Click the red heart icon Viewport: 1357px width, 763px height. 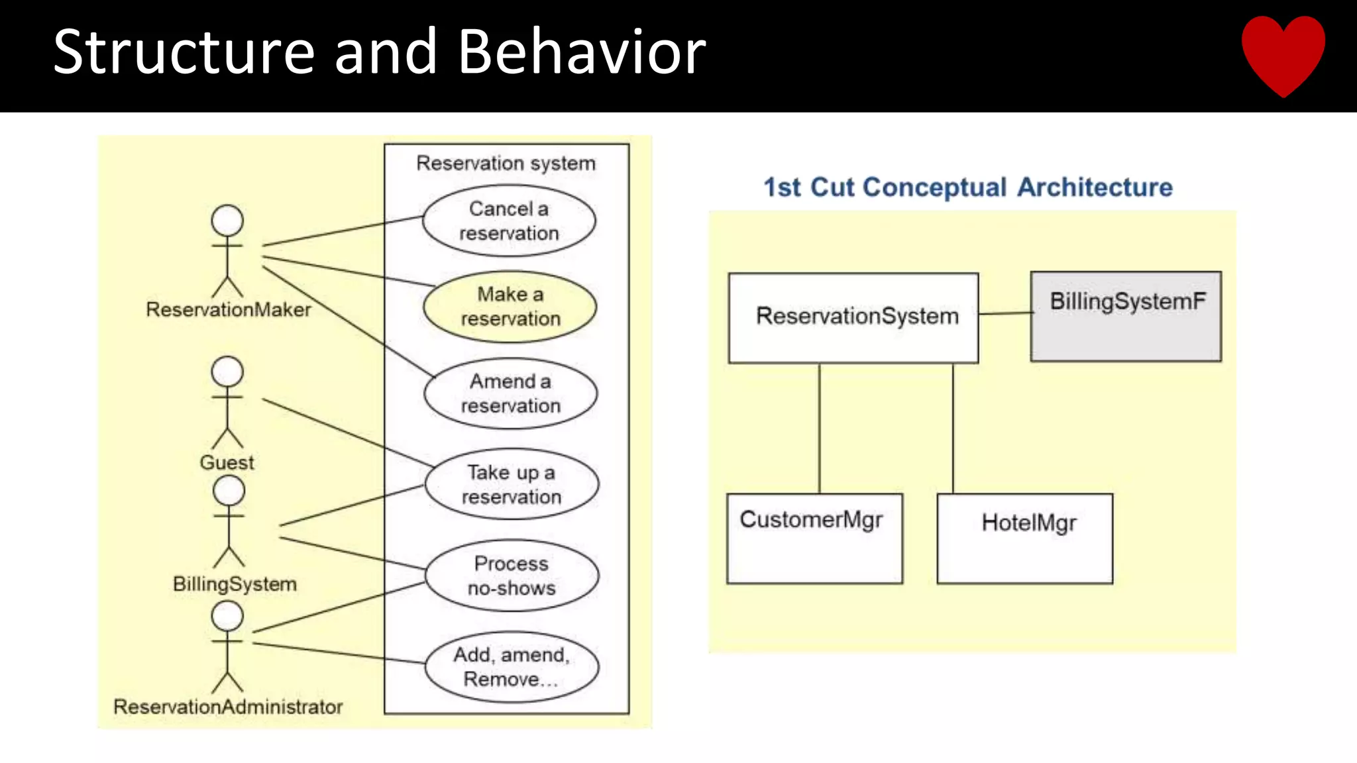[1283, 53]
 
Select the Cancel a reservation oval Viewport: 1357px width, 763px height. [509, 221]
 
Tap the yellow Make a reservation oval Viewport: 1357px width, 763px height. [510, 307]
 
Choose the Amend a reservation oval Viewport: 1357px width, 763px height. [510, 393]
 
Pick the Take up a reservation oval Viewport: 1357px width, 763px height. [512, 484]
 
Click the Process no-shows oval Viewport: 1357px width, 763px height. [512, 575]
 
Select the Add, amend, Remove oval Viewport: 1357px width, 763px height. [512, 666]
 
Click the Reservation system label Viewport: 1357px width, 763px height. [506, 163]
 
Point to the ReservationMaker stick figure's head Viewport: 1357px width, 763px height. [227, 221]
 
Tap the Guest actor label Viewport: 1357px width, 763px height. [227, 462]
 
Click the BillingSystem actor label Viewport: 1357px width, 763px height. [235, 584]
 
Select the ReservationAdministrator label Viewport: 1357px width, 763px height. [228, 707]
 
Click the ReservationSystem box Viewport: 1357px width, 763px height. [853, 317]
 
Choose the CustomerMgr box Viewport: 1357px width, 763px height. [814, 538]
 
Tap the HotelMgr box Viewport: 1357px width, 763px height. [1024, 538]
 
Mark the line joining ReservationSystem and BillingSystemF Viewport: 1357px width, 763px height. [1004, 313]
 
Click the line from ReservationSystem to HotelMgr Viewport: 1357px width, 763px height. [953, 428]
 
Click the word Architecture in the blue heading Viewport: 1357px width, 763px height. [1095, 187]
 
